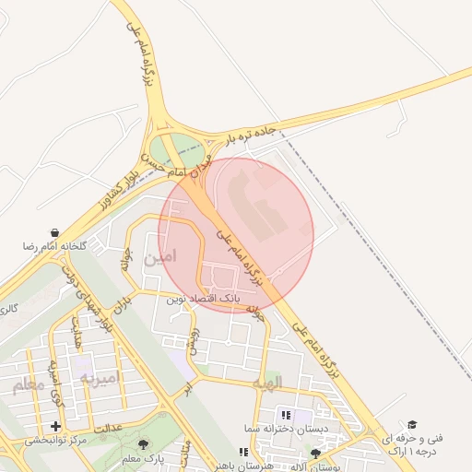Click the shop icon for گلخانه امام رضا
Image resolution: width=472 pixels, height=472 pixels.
click(56, 232)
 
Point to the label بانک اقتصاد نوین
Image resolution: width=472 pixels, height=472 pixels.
click(203, 300)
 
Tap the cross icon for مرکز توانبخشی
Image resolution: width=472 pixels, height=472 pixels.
click(56, 426)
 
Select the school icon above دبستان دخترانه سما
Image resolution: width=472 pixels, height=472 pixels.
click(285, 416)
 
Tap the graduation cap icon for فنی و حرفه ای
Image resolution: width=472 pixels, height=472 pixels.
click(411, 423)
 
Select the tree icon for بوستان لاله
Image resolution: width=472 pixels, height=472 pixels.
click(316, 454)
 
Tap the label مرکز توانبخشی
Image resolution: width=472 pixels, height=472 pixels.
click(55, 441)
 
